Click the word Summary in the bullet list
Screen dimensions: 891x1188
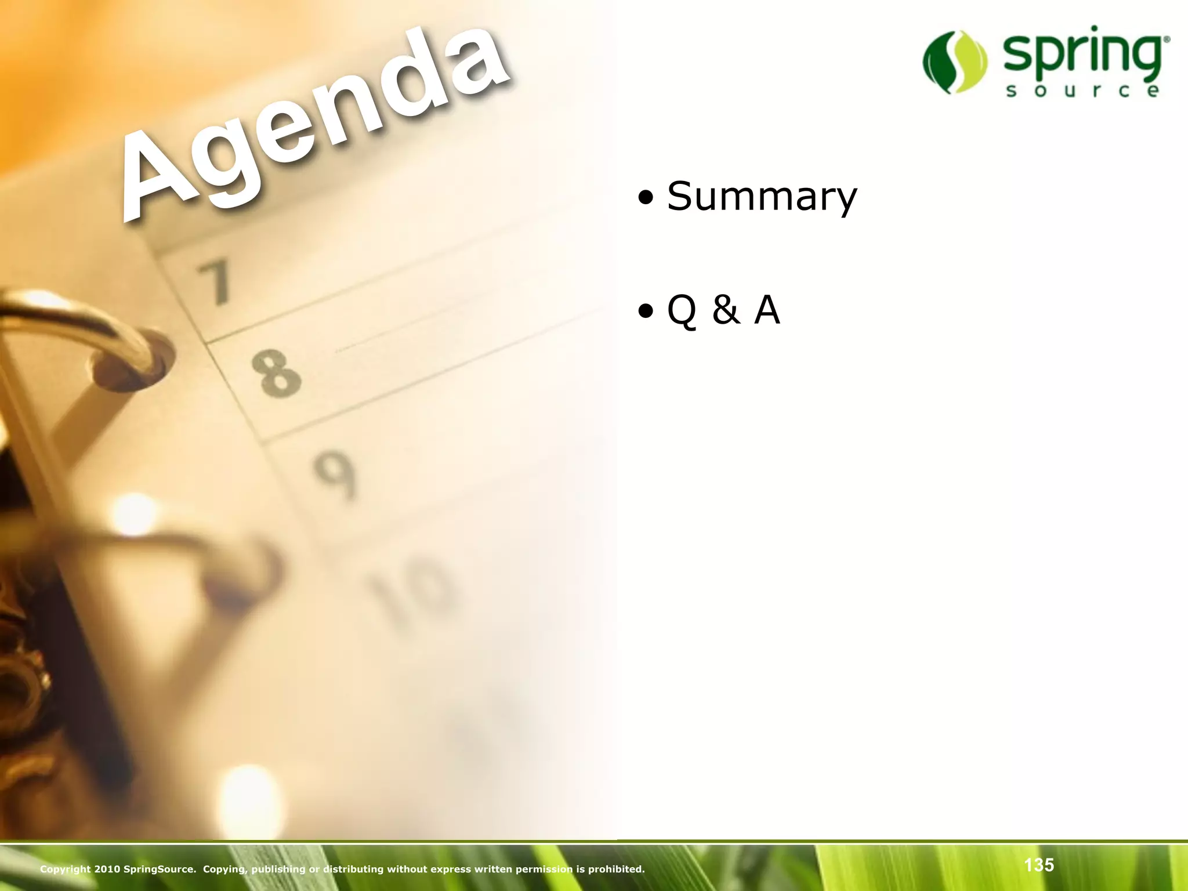(762, 197)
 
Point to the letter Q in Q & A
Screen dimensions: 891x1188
(682, 311)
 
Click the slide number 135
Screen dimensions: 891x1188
(1038, 865)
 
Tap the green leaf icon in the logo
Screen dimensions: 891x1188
(954, 62)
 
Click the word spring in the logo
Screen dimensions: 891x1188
(1082, 55)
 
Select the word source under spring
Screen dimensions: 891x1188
(1082, 91)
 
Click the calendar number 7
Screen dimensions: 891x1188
(215, 282)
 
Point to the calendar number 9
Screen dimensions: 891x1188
(335, 475)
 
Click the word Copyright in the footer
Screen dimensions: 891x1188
(65, 869)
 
